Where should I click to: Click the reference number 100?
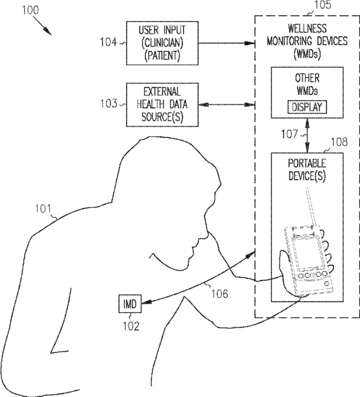pyautogui.click(x=30, y=10)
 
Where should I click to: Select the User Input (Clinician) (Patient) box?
pyautogui.click(x=162, y=43)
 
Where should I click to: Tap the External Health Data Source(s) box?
pyautogui.click(x=162, y=105)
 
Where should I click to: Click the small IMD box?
pyautogui.click(x=130, y=304)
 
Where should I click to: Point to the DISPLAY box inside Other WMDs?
pyautogui.click(x=307, y=107)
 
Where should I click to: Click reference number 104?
pyautogui.click(x=108, y=42)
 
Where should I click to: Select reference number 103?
pyautogui.click(x=109, y=104)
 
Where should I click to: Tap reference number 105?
pyautogui.click(x=322, y=5)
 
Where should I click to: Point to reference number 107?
pyautogui.click(x=289, y=134)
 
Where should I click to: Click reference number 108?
pyautogui.click(x=339, y=142)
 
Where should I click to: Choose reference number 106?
pyautogui.click(x=219, y=294)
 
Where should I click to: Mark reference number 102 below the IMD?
pyautogui.click(x=131, y=326)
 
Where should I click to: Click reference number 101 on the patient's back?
pyautogui.click(x=43, y=209)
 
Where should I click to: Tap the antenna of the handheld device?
pyautogui.click(x=310, y=208)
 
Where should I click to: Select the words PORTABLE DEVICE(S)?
pyautogui.click(x=307, y=170)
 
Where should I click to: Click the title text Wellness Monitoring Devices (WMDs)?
pyautogui.click(x=307, y=41)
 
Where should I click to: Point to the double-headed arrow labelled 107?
pyautogui.click(x=307, y=135)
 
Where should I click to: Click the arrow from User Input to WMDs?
pyautogui.click(x=227, y=43)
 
